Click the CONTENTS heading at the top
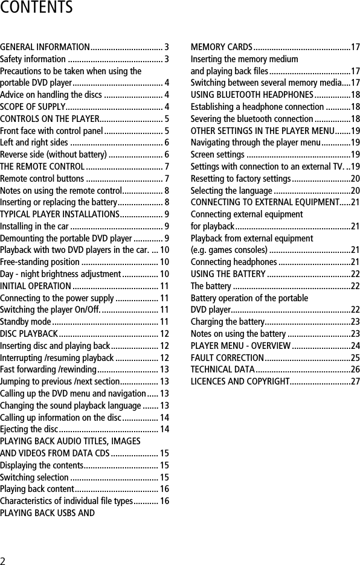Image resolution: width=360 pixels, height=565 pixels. pyautogui.click(x=36, y=8)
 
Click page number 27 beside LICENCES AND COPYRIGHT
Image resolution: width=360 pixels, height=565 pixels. pyautogui.click(x=355, y=381)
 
